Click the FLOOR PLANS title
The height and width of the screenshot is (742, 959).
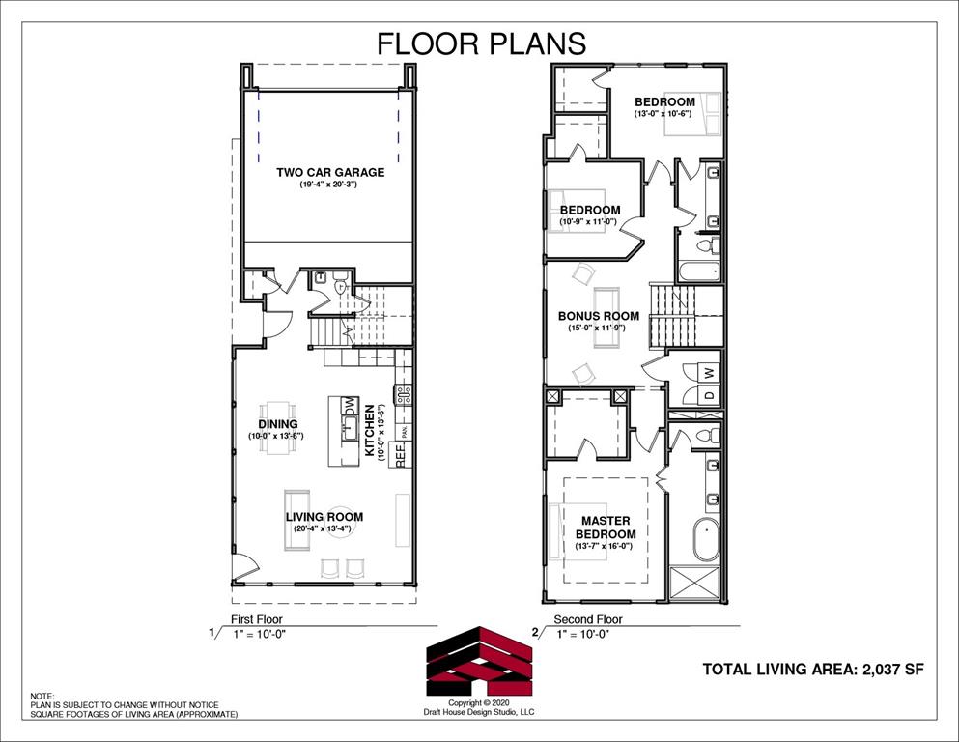[x=480, y=43]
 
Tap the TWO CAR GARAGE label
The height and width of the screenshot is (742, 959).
[x=330, y=173]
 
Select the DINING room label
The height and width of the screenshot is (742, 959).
[x=277, y=424]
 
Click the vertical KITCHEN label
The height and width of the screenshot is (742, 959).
[x=369, y=433]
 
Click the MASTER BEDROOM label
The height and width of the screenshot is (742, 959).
[x=606, y=528]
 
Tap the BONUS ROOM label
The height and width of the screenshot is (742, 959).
[x=599, y=316]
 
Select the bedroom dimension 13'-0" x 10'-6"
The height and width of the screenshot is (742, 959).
[x=664, y=114]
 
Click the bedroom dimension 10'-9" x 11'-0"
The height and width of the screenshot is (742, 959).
[x=588, y=222]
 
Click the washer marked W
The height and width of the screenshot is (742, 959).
[x=708, y=372]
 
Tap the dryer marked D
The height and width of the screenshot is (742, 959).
[x=708, y=394]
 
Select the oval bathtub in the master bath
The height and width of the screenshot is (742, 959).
[x=706, y=539]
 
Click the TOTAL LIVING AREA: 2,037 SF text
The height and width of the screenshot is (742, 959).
[x=805, y=669]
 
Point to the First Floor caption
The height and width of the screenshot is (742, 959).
[x=256, y=619]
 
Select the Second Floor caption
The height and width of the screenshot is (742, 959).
[x=587, y=619]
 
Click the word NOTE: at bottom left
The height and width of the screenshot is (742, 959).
[x=42, y=696]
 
